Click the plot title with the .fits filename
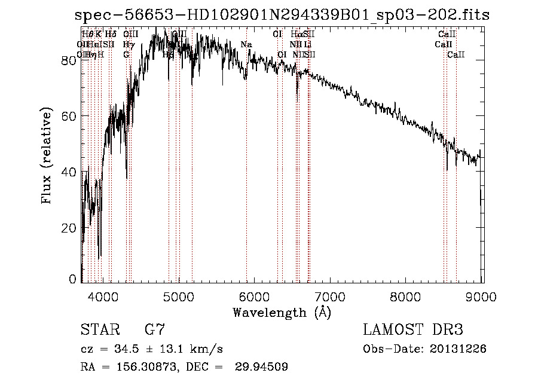[x=282, y=15]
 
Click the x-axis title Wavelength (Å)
[x=282, y=312]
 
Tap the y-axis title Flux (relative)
[x=47, y=156]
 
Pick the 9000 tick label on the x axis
[x=482, y=296]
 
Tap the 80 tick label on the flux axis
[x=70, y=60]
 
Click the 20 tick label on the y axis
[x=70, y=228]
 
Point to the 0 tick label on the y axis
[x=74, y=279]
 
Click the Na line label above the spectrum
[x=246, y=45]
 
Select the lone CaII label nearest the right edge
[x=456, y=55]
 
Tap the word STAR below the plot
[x=97, y=330]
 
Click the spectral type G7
[x=155, y=330]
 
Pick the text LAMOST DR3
[x=413, y=330]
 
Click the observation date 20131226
[x=458, y=349]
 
